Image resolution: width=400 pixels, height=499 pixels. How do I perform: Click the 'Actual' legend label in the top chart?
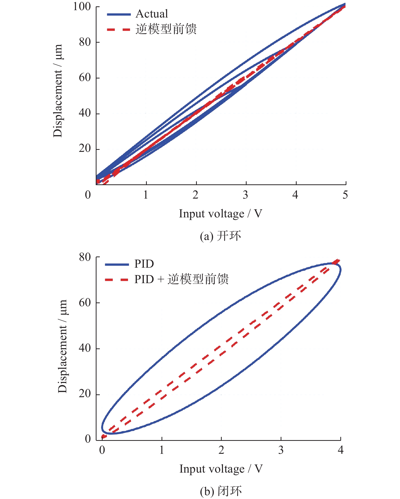pyautogui.click(x=152, y=14)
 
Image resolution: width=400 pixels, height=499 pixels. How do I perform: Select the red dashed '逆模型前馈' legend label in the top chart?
pyautogui.click(x=166, y=29)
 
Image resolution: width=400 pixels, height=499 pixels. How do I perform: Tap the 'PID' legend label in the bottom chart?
pyautogui.click(x=144, y=264)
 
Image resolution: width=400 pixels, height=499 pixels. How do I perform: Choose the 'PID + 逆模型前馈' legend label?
pyautogui.click(x=181, y=279)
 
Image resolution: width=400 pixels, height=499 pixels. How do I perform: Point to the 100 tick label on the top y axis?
pyautogui.click(x=82, y=7)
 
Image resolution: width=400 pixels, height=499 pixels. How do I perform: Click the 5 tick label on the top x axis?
pyautogui.click(x=345, y=195)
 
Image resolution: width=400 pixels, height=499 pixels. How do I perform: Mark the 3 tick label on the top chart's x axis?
pyautogui.click(x=245, y=195)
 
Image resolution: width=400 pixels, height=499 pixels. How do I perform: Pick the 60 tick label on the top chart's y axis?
pyautogui.click(x=85, y=78)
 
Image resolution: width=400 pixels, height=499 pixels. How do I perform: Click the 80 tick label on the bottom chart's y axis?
pyautogui.click(x=85, y=257)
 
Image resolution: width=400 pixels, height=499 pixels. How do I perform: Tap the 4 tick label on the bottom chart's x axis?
pyautogui.click(x=341, y=450)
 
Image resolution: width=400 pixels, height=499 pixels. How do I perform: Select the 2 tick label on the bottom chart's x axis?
pyautogui.click(x=221, y=450)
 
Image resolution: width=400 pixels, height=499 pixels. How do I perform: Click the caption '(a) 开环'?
pyautogui.click(x=220, y=236)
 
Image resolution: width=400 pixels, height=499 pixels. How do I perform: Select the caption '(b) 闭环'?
pyautogui.click(x=221, y=491)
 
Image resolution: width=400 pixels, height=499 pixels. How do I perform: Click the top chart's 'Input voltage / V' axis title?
pyautogui.click(x=220, y=214)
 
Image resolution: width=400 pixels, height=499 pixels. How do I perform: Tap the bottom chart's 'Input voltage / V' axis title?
pyautogui.click(x=221, y=469)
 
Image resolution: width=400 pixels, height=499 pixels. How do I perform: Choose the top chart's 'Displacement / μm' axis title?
pyautogui.click(x=58, y=91)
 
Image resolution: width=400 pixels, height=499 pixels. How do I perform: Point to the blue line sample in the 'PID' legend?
pyautogui.click(x=117, y=265)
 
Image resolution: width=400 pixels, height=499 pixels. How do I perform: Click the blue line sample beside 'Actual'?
pyautogui.click(x=119, y=14)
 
